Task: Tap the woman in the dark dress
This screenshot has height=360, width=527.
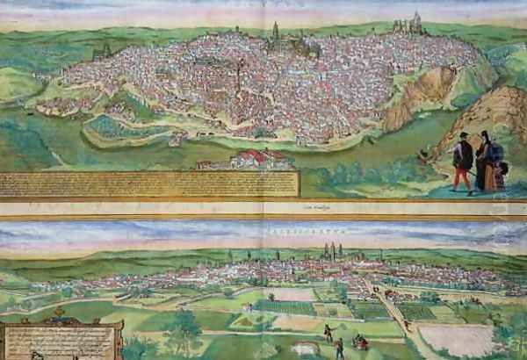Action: click(x=484, y=162)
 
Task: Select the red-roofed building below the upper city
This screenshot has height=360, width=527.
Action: click(x=255, y=159)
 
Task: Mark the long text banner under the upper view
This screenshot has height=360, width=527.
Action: click(x=149, y=184)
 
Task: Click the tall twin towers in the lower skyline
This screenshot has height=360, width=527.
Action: click(x=333, y=251)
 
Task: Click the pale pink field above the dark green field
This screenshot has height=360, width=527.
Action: click(x=290, y=294)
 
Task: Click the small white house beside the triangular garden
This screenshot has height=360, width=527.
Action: click(x=248, y=308)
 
